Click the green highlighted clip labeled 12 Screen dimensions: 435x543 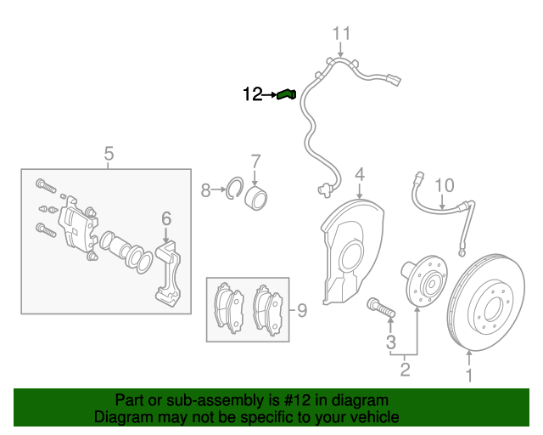[286, 94]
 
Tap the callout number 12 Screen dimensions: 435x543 [253, 95]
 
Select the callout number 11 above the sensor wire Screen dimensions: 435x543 [340, 34]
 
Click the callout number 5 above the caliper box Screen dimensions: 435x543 [109, 154]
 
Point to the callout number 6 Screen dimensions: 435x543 [166, 218]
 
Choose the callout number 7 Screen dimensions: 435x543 [255, 161]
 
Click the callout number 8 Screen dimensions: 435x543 [205, 191]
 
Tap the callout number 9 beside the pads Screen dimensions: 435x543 [301, 310]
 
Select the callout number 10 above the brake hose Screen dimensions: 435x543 [445, 185]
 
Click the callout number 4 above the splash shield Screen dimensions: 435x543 [360, 175]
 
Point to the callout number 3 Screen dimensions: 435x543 [391, 342]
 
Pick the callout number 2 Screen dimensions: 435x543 [405, 369]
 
